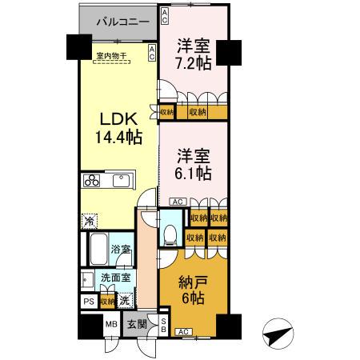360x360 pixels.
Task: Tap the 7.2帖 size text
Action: coord(194,62)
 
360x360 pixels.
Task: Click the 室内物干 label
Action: coord(114,56)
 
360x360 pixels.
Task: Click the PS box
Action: coord(88,302)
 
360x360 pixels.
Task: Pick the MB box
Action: coord(113,325)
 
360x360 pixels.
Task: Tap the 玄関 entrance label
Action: coord(137,325)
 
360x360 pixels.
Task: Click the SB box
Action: coord(163,324)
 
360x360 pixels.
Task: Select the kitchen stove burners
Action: coord(91,180)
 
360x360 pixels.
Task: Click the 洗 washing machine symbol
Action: coord(125,301)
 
